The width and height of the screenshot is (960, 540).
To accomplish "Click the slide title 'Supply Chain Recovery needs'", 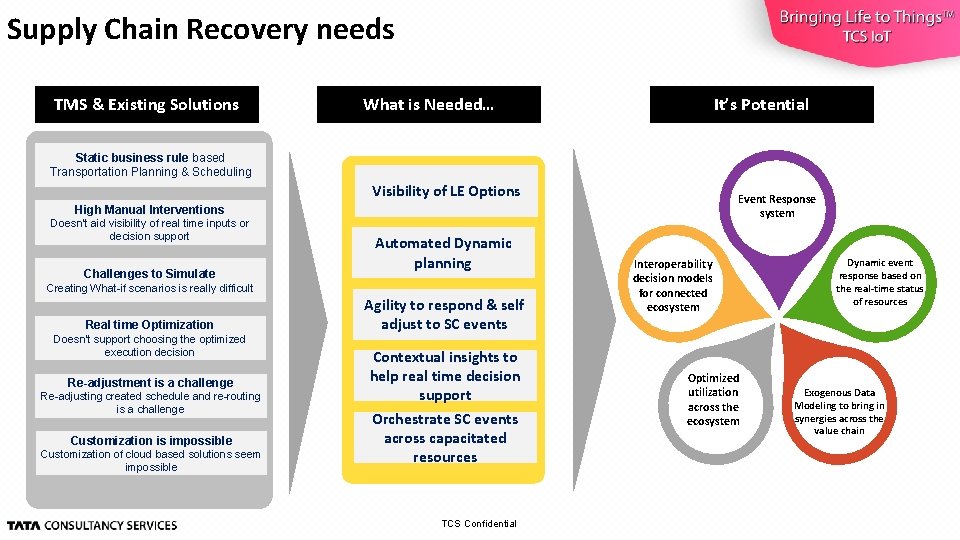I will coord(200,30).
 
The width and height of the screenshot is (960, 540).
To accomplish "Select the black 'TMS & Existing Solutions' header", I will coord(146,104).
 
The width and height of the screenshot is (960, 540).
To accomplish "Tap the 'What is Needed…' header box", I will coord(428,104).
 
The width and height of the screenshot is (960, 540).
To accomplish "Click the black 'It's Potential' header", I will coord(761,104).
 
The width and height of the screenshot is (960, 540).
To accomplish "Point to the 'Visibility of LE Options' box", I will coord(446,191).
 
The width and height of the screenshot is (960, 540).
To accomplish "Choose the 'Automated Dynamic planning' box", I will coord(443,253).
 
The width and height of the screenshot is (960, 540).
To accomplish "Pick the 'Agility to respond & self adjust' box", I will coord(444,314).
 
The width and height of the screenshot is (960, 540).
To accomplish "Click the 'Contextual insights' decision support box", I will coord(445,376).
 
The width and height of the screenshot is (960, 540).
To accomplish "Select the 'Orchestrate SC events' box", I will coord(445,438).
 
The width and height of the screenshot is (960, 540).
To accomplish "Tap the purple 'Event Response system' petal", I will coord(776,206).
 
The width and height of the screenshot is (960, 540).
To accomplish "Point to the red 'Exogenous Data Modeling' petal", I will coord(838,411).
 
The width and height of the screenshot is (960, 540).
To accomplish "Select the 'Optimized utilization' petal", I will coord(713,399).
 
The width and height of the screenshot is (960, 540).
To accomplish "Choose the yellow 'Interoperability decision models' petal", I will coord(673,286).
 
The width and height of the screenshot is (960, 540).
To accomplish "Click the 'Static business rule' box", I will coord(151,165).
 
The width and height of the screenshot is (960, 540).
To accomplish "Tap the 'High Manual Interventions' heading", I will coord(149,209).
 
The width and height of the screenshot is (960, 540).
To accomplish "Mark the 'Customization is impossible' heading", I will coord(151,440).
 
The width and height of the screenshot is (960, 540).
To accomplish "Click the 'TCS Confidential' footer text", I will coord(479,524).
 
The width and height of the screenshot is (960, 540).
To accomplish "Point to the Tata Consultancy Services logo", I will coord(92,525).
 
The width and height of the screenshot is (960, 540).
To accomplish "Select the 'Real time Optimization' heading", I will coord(149,324).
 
